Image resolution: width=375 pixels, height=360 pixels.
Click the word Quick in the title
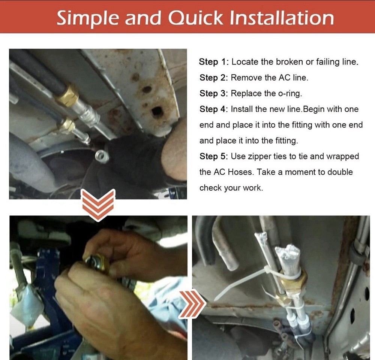pos(195,18)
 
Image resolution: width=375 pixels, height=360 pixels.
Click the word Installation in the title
pos(282,18)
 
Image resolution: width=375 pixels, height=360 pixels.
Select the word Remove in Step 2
pos(246,78)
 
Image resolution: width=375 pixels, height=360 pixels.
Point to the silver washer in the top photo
pos(102,155)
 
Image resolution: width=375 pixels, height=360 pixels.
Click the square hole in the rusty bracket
pos(157,112)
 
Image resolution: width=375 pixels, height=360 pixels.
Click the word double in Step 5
pos(340,172)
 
